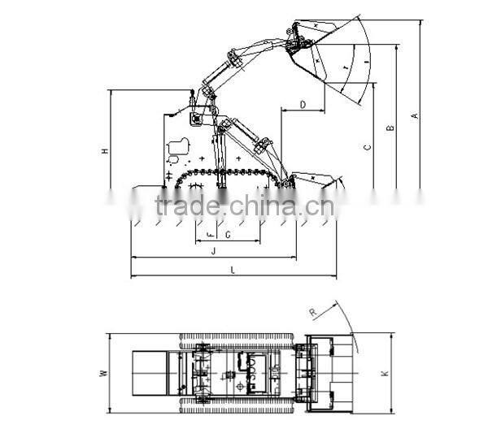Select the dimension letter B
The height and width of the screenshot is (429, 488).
click(390, 128)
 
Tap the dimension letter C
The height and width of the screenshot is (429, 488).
click(368, 147)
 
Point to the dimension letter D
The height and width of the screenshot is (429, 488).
click(303, 105)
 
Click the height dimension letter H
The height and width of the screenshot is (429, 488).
click(104, 151)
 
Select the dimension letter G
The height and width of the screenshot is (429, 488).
click(227, 235)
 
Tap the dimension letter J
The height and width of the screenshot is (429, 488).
click(212, 252)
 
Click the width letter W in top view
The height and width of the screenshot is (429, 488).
click(102, 374)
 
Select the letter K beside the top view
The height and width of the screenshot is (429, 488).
click(385, 374)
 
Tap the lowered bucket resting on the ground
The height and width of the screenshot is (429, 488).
click(313, 180)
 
